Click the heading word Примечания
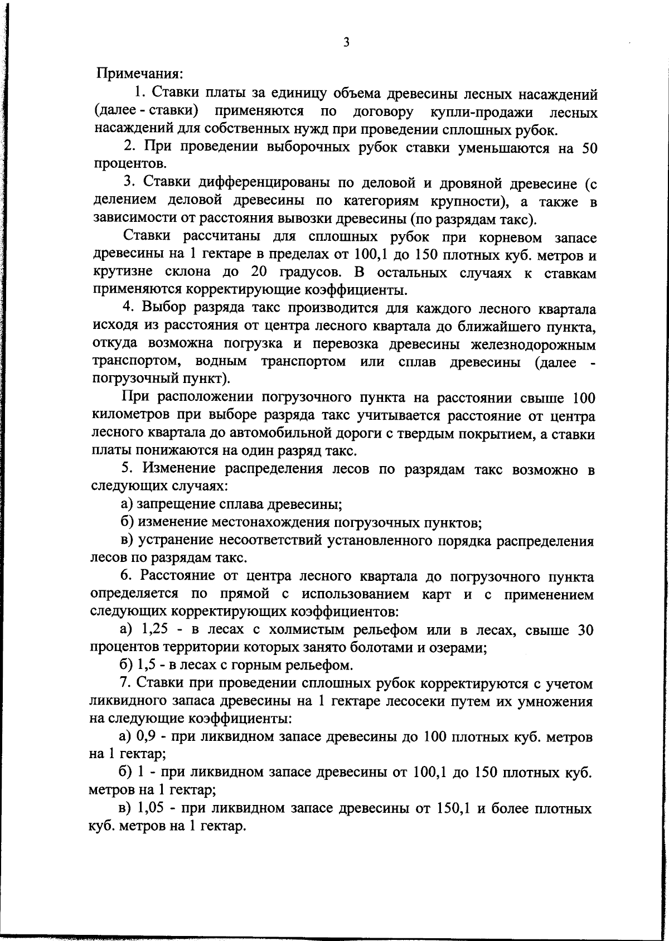pyautogui.click(x=140, y=74)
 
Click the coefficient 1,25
pyautogui.click(x=154, y=630)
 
